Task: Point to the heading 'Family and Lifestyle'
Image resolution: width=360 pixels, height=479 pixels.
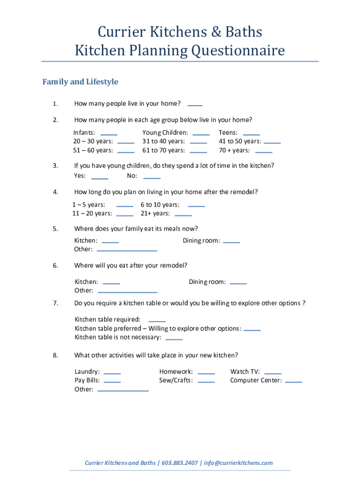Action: point(80,82)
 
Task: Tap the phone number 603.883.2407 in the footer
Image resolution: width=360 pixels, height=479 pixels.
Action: point(180,463)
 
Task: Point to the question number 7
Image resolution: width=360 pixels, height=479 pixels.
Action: point(55,303)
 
